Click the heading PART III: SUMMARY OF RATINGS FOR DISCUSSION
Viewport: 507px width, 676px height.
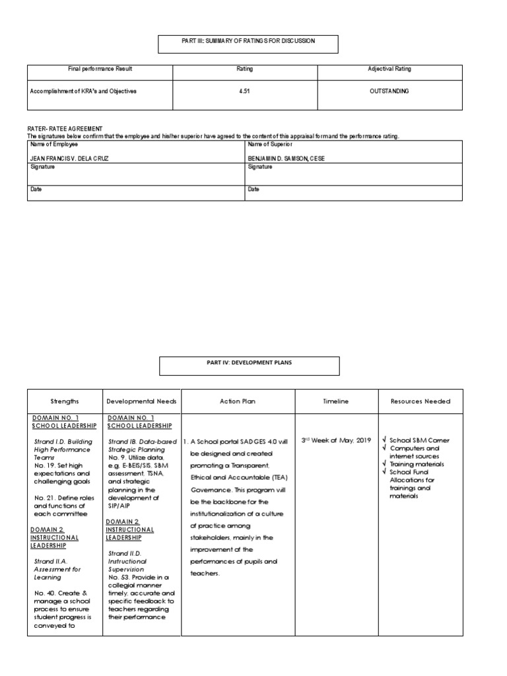pos(248,41)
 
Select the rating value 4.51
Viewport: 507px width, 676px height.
pos(245,91)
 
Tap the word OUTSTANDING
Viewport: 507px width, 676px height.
pos(389,91)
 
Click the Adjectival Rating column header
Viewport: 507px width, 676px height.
pos(389,69)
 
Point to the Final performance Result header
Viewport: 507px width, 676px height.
pos(100,69)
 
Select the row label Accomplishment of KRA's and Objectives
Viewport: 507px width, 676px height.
pos(84,91)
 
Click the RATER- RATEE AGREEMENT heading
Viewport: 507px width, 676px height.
pos(65,128)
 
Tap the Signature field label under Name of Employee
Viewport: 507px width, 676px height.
pos(43,168)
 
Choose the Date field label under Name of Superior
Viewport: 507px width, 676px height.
pos(253,189)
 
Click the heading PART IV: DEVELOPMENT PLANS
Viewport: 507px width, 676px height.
pos(250,362)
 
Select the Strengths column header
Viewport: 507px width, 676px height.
pos(65,401)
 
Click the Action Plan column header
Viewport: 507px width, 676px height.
pos(238,401)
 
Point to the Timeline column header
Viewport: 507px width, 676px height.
pos(336,401)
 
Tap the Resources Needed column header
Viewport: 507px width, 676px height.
pos(421,401)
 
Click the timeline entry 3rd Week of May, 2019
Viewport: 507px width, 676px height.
pos(335,440)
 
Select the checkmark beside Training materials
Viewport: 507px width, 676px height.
pos(384,464)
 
